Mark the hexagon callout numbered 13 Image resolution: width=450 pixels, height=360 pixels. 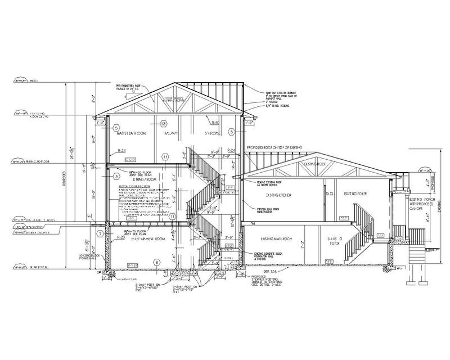pos(163,123)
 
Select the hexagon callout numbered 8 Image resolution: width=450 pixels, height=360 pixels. pos(156,260)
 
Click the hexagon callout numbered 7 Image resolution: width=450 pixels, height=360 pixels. pos(100,233)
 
